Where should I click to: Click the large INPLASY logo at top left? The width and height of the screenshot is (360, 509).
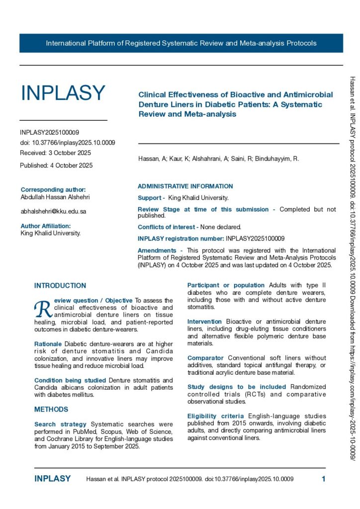(63, 93)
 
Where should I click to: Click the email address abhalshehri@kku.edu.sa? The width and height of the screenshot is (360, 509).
(53, 211)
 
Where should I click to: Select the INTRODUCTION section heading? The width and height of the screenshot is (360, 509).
(60, 286)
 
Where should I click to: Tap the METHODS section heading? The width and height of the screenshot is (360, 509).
(51, 410)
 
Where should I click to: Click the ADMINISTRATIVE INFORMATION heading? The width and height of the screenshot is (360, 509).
(185, 186)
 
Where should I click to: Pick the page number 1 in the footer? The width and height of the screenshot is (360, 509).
(324, 479)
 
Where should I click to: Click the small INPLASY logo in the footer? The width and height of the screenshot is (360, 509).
(52, 479)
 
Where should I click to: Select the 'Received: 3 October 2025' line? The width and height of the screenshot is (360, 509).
(56, 153)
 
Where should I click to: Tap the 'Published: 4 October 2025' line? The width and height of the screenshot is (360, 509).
(56, 166)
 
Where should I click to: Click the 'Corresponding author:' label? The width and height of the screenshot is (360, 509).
(53, 189)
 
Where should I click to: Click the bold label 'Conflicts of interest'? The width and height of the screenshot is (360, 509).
(168, 227)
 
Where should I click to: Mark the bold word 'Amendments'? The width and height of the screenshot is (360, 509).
(157, 251)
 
